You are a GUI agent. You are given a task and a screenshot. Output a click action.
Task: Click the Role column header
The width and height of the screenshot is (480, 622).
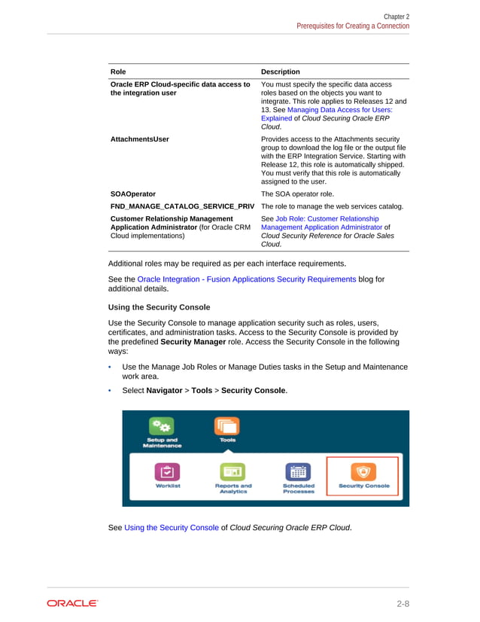118,72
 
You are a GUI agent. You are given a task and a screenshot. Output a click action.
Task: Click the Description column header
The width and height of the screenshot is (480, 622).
280,72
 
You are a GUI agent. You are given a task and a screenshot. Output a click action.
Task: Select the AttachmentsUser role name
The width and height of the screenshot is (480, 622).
140,139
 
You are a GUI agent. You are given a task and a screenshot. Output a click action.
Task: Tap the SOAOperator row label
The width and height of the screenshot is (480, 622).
133,194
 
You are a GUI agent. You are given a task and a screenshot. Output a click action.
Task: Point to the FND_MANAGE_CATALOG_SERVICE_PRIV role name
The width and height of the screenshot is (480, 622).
182,206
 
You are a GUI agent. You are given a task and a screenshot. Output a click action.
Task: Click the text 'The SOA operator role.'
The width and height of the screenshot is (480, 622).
299,194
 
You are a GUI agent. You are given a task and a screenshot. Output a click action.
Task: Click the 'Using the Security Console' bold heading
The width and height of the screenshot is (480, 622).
160,307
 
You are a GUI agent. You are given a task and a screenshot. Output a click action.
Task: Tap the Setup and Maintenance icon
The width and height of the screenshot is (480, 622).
162,425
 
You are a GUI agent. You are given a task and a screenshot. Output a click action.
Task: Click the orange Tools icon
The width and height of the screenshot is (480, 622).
227,426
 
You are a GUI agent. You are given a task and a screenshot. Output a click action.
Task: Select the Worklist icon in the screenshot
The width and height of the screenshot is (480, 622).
168,472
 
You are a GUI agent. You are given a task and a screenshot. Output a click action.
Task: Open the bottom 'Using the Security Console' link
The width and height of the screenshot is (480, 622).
172,528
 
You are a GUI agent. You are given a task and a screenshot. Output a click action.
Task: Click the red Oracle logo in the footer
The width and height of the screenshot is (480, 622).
72,603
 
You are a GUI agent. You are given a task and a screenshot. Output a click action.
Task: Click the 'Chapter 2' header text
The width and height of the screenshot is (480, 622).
396,16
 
